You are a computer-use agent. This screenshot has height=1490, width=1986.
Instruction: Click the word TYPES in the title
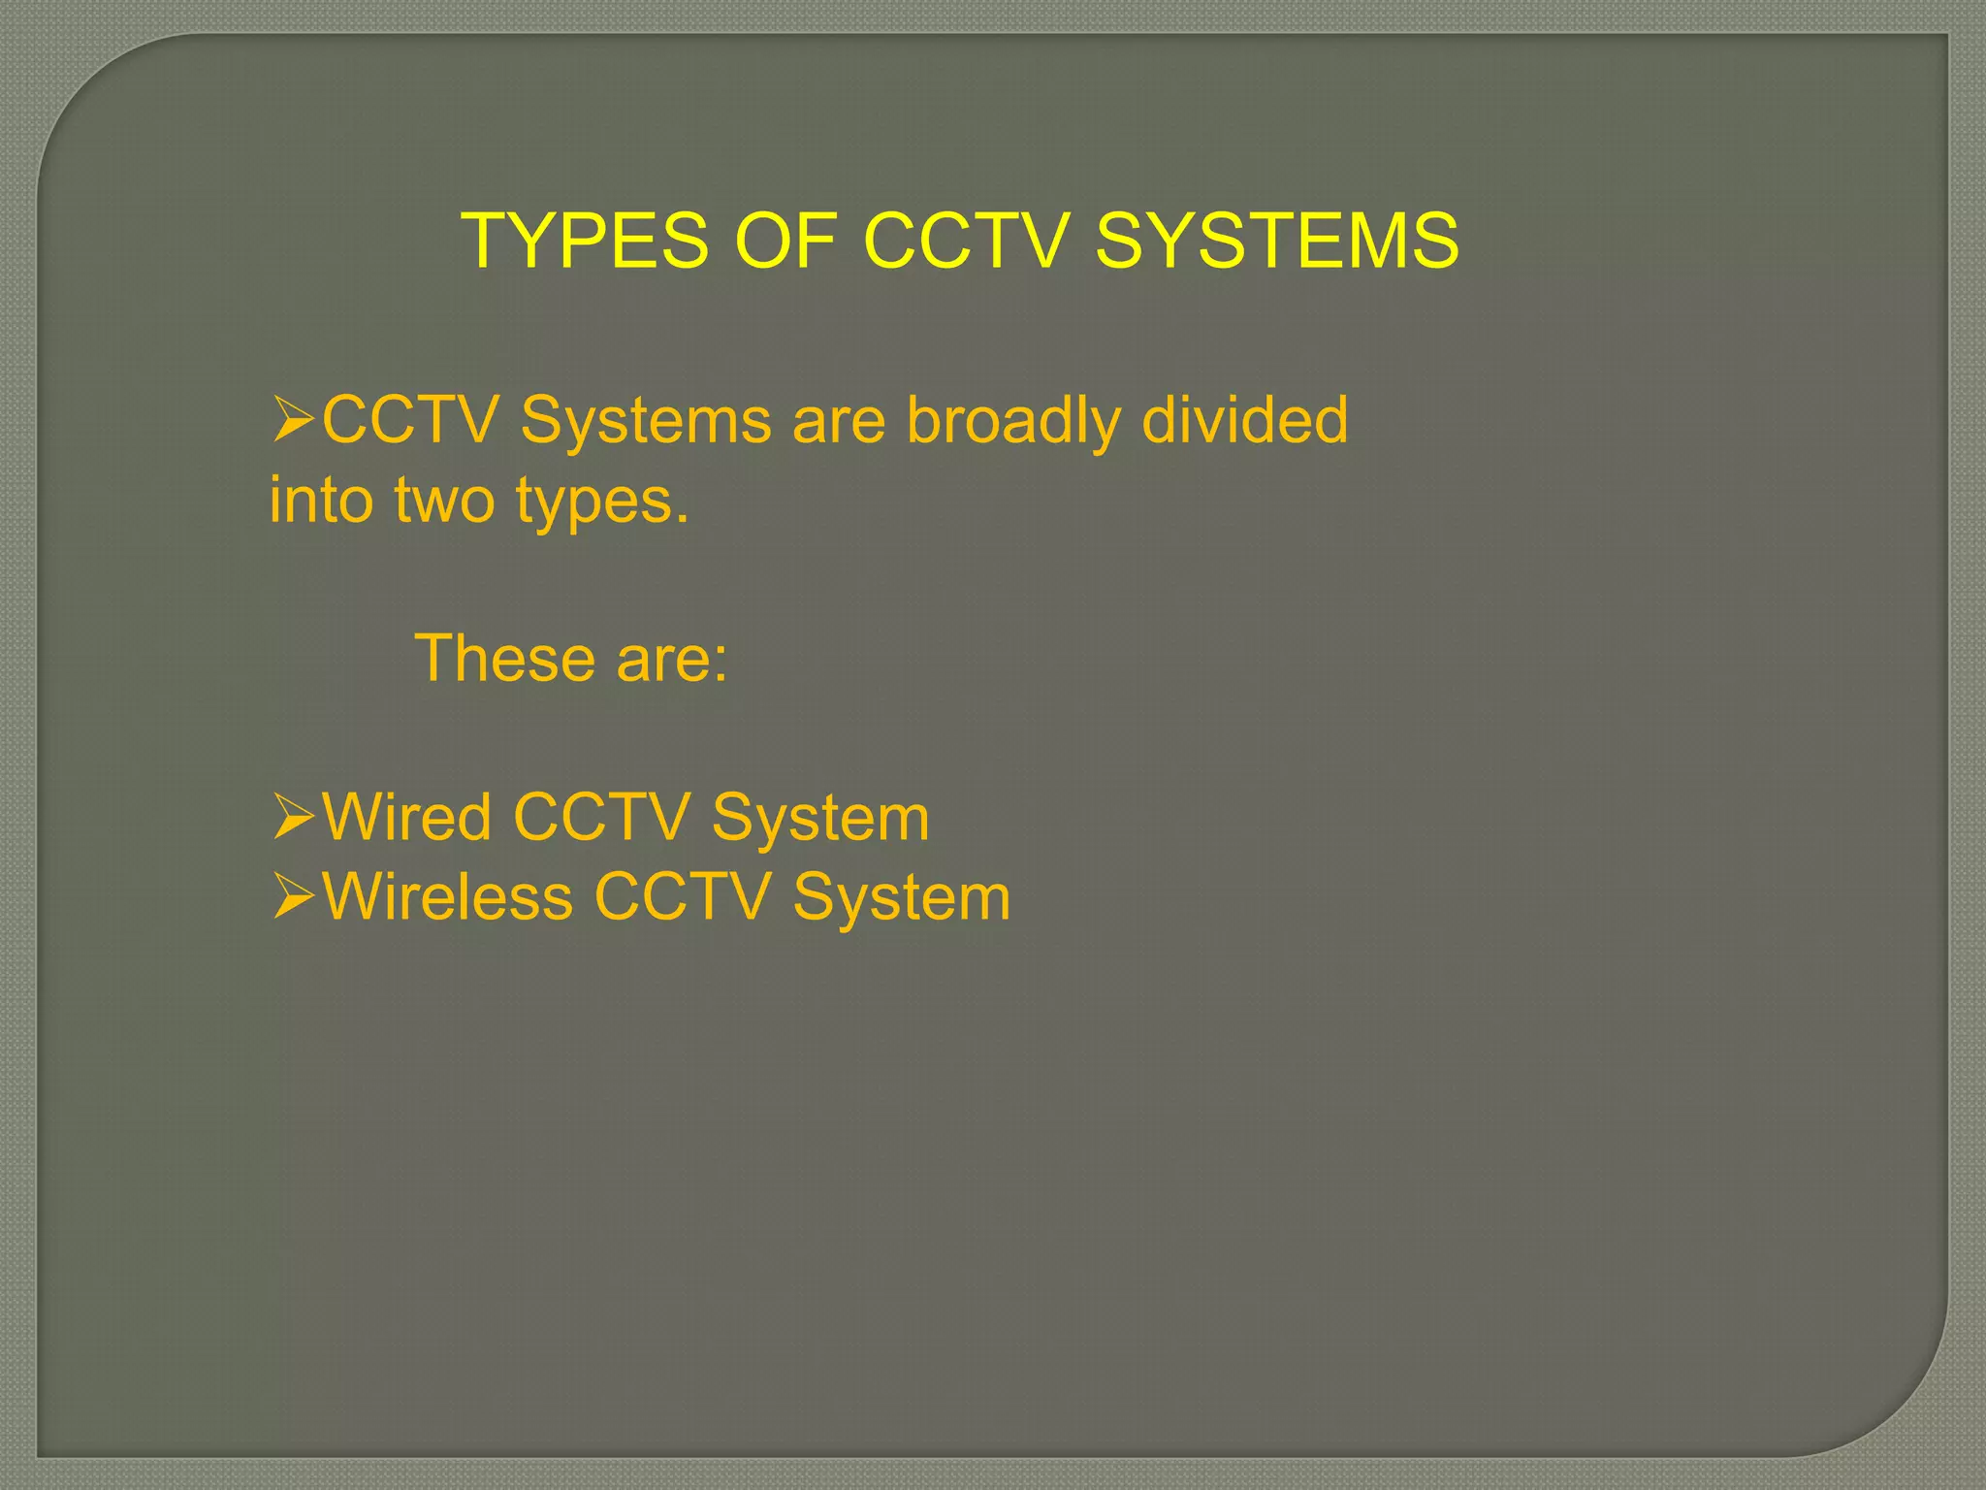pyautogui.click(x=586, y=241)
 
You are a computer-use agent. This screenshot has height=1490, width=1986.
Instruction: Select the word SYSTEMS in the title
pyautogui.click(x=1277, y=241)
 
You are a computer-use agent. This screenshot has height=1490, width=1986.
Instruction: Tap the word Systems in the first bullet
pyautogui.click(x=647, y=422)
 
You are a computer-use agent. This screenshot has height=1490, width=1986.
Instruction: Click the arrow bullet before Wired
pyautogui.click(x=293, y=817)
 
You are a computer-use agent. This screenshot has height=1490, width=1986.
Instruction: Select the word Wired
pyautogui.click(x=407, y=817)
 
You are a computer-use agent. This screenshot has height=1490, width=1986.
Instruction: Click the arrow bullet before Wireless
pyautogui.click(x=293, y=896)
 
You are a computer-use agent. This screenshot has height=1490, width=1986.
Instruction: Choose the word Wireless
pyautogui.click(x=448, y=896)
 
